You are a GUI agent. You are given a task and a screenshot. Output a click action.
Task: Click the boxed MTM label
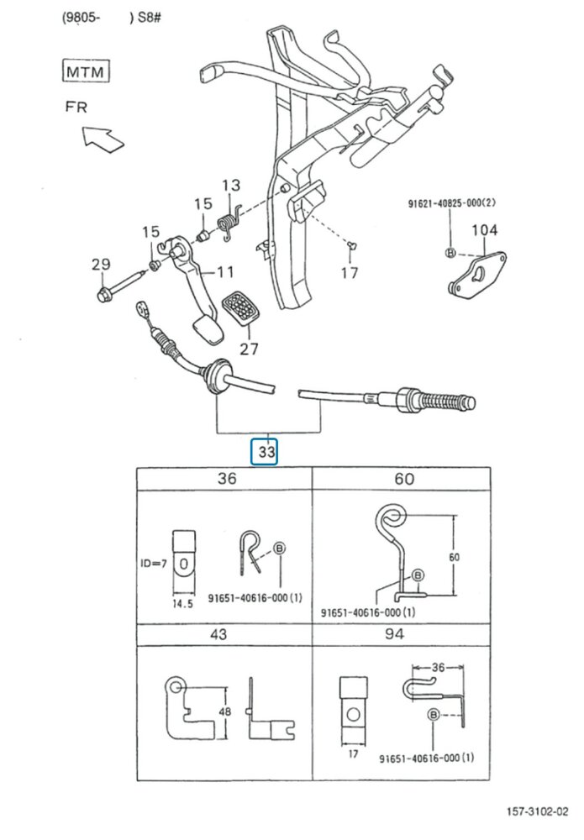pyautogui.click(x=86, y=71)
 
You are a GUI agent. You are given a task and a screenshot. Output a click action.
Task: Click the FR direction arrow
pyautogui.click(x=103, y=139)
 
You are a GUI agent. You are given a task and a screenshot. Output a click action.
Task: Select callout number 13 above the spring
pyautogui.click(x=231, y=186)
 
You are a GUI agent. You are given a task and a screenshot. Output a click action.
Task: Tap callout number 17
pyautogui.click(x=350, y=273)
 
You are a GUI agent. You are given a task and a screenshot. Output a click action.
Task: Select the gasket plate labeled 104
pyautogui.click(x=476, y=275)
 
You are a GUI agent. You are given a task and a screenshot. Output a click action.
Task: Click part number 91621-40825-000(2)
pyautogui.click(x=452, y=203)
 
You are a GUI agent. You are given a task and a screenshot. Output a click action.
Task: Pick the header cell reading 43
pyautogui.click(x=218, y=634)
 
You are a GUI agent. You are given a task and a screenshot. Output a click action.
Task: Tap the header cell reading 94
pyautogui.click(x=394, y=634)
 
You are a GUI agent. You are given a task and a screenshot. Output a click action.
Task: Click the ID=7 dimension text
pyautogui.click(x=154, y=563)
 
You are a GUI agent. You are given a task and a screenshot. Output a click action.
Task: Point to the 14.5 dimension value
pyautogui.click(x=182, y=604)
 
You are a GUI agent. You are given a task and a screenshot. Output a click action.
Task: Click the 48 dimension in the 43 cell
pyautogui.click(x=225, y=712)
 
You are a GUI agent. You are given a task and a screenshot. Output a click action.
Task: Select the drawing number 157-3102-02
pyautogui.click(x=538, y=811)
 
